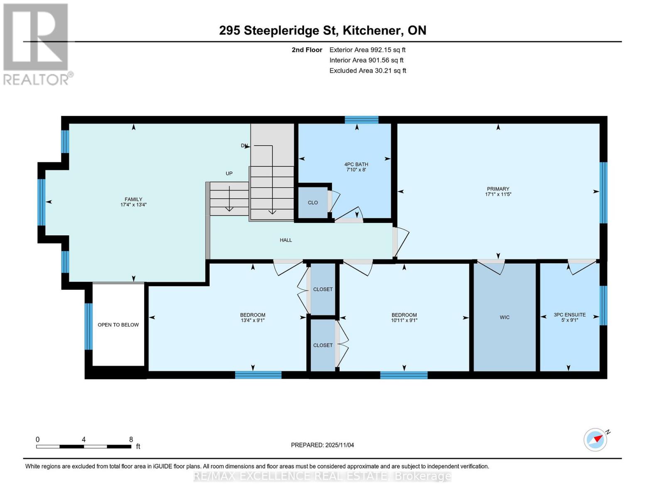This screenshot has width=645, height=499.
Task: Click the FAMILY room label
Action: click(x=133, y=199)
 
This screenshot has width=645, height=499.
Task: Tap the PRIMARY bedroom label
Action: click(x=498, y=189)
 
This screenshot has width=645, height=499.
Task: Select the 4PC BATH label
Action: click(x=356, y=164)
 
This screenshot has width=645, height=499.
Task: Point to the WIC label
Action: click(x=505, y=317)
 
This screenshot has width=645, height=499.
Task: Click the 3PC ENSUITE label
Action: click(x=569, y=315)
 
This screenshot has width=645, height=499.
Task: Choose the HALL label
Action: click(x=286, y=240)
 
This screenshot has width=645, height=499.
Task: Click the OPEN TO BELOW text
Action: click(x=118, y=325)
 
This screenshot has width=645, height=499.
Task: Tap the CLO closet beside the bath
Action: click(x=313, y=203)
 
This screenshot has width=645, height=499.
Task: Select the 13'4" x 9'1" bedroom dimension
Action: click(x=253, y=320)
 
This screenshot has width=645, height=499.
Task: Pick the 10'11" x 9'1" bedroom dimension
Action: click(x=404, y=320)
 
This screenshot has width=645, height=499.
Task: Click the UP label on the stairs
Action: click(x=229, y=173)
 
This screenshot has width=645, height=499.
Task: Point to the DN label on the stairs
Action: click(x=244, y=146)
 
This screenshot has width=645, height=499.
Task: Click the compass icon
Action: click(x=596, y=440)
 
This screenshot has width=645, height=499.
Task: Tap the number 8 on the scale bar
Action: click(x=131, y=440)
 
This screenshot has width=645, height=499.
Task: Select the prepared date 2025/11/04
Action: click(x=339, y=445)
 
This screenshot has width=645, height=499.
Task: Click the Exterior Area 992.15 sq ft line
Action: click(x=367, y=50)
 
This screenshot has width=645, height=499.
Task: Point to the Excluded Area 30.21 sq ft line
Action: click(x=368, y=71)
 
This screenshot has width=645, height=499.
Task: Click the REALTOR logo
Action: click(x=37, y=44)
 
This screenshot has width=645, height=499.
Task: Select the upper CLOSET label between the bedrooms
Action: click(x=323, y=289)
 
